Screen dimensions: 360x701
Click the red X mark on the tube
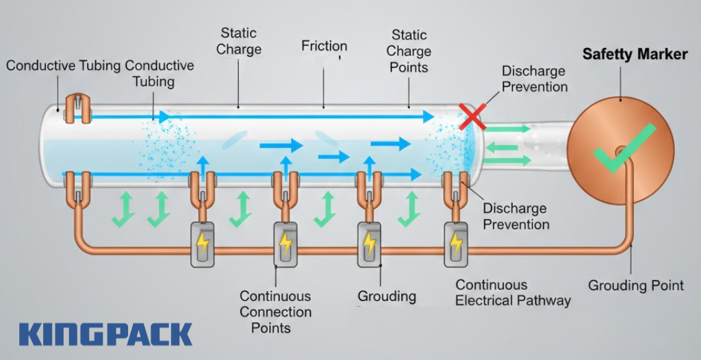click(472, 116)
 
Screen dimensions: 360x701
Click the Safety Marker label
click(635, 54)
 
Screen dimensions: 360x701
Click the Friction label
click(324, 46)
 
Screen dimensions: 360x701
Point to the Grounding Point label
click(636, 285)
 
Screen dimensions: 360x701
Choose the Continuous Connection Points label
click(275, 311)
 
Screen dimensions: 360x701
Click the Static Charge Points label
click(408, 51)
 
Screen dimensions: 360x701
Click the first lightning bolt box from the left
click(203, 244)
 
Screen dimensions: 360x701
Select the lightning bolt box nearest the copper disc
click(455, 244)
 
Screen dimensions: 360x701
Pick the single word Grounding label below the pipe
click(387, 296)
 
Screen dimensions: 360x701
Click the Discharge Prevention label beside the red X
click(534, 79)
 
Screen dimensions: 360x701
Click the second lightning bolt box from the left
click(285, 244)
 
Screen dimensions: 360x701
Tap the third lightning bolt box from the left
click(370, 244)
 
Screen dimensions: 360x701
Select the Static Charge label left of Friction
click(240, 40)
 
